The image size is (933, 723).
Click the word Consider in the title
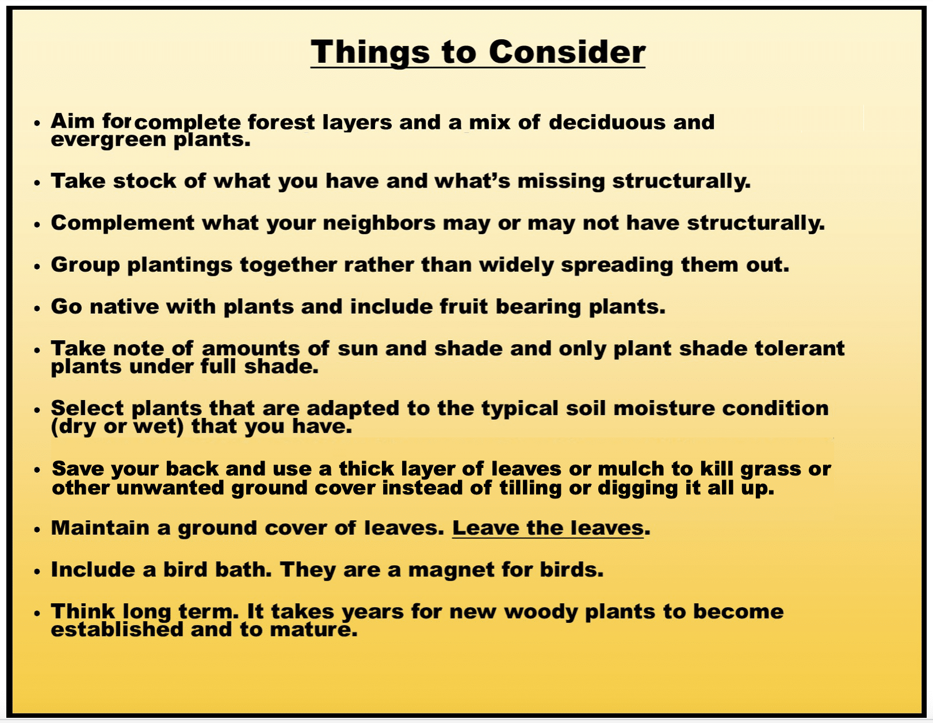pyautogui.click(x=567, y=52)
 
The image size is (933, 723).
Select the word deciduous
pyautogui.click(x=607, y=122)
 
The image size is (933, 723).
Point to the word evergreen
pyautogui.click(x=108, y=140)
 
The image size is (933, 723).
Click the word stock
pyautogui.click(x=145, y=180)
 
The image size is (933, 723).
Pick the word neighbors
pyautogui.click(x=379, y=223)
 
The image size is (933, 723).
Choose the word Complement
pyautogui.click(x=123, y=223)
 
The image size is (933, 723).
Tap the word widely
pyautogui.click(x=516, y=265)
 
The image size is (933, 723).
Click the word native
pyautogui.click(x=124, y=307)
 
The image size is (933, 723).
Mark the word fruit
pyautogui.click(x=464, y=307)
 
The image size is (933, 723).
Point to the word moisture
pyautogui.click(x=664, y=408)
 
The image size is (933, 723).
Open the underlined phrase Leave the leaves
pyautogui.click(x=548, y=528)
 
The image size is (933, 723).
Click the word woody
pyautogui.click(x=541, y=612)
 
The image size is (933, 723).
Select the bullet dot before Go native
pyautogui.click(x=37, y=309)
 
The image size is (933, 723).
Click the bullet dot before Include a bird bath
pyautogui.click(x=37, y=572)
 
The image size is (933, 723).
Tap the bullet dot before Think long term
pyautogui.click(x=37, y=613)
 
